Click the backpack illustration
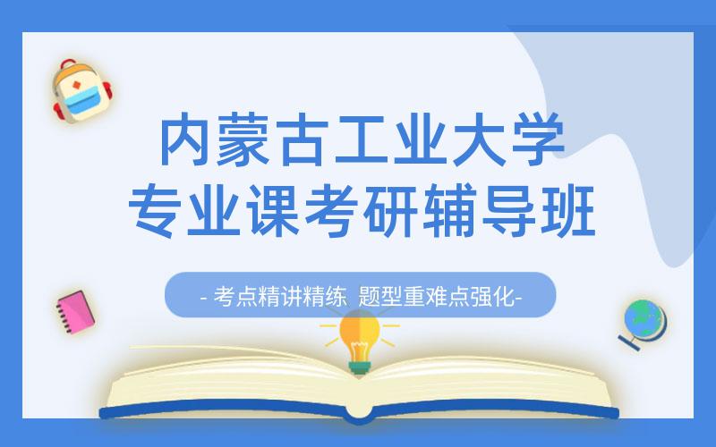tap(81, 93)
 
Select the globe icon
tap(643, 321)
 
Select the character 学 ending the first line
tap(534, 141)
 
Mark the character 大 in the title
tap(476, 141)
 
